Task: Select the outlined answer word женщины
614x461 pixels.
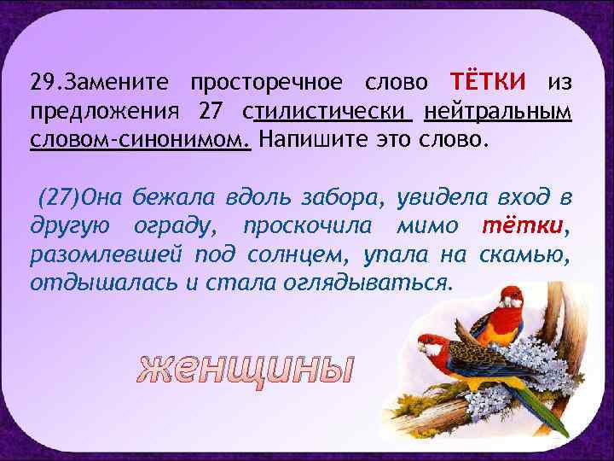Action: (245, 368)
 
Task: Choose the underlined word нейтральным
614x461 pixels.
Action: (497, 111)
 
